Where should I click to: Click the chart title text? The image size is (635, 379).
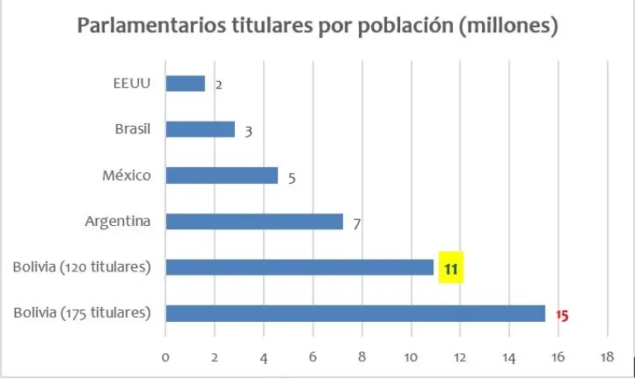tap(317, 26)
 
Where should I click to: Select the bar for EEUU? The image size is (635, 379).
tap(185, 84)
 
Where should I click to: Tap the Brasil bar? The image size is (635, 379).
tap(200, 129)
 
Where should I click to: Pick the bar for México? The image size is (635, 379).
tap(222, 175)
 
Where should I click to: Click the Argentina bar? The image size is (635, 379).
tap(254, 221)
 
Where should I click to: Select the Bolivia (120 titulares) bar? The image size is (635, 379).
tap(299, 267)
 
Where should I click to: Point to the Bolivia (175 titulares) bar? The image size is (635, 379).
tap(356, 313)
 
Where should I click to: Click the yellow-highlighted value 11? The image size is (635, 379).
tap(451, 268)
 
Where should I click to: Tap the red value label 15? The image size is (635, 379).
tap(562, 315)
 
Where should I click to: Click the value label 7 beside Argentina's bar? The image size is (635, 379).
tap(356, 223)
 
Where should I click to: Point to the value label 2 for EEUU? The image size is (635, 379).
tap(218, 85)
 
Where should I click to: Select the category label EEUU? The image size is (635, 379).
tap(133, 83)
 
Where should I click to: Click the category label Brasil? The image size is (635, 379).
tap(132, 129)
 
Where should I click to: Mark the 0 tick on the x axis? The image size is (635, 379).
tap(165, 357)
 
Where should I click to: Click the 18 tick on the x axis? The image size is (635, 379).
tap(607, 357)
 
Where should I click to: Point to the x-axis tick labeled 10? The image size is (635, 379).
tap(411, 357)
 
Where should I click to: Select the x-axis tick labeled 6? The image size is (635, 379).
tap(313, 357)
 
